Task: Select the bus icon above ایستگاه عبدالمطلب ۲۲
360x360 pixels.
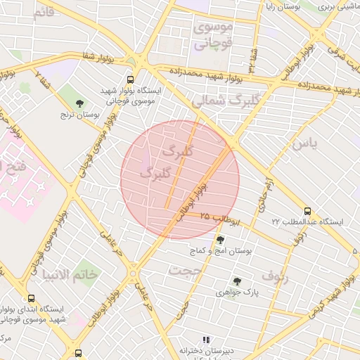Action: pyautogui.click(x=307, y=211)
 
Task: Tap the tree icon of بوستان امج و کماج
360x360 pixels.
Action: pyautogui.click(x=220, y=240)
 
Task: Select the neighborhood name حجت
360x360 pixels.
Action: pyautogui.click(x=185, y=270)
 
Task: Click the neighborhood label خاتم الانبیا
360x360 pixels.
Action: pyautogui.click(x=70, y=274)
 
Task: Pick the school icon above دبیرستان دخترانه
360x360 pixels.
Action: pyautogui.click(x=206, y=340)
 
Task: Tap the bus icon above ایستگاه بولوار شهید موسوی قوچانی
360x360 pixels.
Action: pyautogui.click(x=130, y=80)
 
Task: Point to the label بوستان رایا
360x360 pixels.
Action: pyautogui.click(x=285, y=6)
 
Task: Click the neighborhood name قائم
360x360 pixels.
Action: pyautogui.click(x=39, y=12)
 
